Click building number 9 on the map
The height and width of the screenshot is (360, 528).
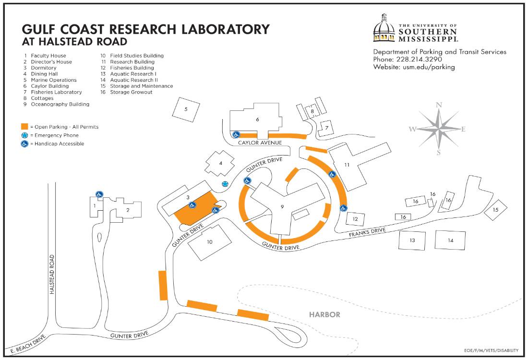click(x=282, y=207)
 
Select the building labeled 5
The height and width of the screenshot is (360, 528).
click(x=186, y=109)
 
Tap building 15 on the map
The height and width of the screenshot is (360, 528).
click(x=495, y=210)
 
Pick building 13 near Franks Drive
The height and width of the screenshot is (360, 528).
click(x=412, y=240)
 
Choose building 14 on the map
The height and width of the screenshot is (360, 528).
click(x=450, y=240)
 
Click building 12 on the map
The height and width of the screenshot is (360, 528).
click(x=355, y=219)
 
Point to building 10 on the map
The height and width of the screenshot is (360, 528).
click(x=210, y=242)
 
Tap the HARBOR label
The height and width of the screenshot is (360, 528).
click(x=324, y=315)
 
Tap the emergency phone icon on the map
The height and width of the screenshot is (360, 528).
click(x=225, y=184)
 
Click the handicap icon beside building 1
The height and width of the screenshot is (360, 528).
click(x=98, y=194)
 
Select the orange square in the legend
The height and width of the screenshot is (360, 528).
click(x=24, y=127)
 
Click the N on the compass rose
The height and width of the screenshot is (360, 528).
click(x=438, y=105)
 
